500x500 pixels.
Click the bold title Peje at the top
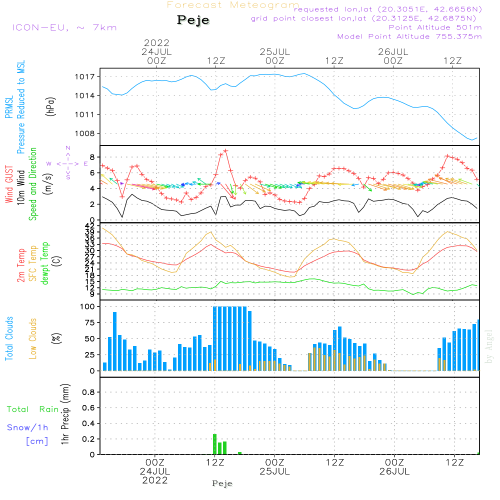[x=193, y=20]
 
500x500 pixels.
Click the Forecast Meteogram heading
[x=233, y=5]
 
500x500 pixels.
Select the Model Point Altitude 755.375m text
[x=409, y=36]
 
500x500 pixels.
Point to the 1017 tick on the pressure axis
[x=86, y=77]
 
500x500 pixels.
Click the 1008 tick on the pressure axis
[x=86, y=133]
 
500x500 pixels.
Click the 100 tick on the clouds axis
[x=88, y=306]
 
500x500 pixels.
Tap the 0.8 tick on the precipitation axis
[x=88, y=392]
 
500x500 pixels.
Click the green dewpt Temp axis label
[x=45, y=263]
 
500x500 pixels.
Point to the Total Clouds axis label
[x=9, y=338]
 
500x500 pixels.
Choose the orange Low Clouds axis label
[x=33, y=338]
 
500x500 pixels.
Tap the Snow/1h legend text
[x=28, y=428]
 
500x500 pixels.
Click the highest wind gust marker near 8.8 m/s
[x=226, y=150]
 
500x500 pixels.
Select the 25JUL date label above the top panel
[x=274, y=51]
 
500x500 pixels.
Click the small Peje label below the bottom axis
[x=222, y=483]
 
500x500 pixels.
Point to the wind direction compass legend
[x=67, y=163]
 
